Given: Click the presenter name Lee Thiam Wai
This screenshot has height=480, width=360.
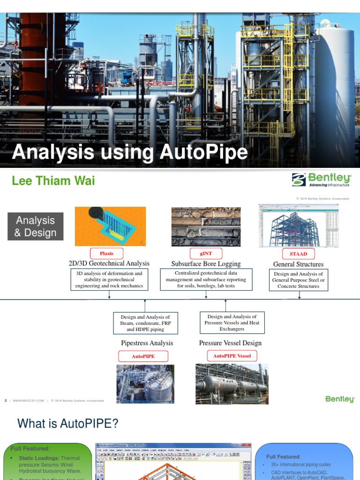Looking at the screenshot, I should click(53, 181).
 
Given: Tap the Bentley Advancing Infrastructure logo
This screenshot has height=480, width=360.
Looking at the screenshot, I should click(321, 180).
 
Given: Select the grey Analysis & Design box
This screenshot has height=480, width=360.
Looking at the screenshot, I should click(36, 226).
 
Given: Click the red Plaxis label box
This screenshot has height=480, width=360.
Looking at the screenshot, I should click(106, 254).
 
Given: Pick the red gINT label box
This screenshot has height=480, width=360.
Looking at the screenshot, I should click(206, 254).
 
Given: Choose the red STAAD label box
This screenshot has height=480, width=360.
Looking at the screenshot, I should click(298, 254).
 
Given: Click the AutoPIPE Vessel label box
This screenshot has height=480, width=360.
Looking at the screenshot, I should click(232, 356).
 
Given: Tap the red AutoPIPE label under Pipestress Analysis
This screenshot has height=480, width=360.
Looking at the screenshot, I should click(143, 356).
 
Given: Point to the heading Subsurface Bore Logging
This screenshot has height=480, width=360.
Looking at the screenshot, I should click(206, 264).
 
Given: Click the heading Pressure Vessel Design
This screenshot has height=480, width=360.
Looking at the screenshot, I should click(230, 343).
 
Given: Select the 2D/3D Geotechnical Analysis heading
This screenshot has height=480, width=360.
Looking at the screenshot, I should click(109, 263).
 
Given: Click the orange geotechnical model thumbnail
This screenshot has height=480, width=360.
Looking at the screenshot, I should click(110, 226).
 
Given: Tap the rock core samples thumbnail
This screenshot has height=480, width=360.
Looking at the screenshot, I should click(206, 227).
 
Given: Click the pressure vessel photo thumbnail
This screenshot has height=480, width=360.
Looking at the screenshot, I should click(232, 384).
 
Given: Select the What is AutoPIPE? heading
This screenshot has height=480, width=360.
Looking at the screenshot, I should click(67, 424).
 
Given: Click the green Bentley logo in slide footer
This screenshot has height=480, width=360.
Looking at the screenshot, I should click(340, 399).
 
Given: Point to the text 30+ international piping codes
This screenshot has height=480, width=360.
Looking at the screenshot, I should click(300, 465).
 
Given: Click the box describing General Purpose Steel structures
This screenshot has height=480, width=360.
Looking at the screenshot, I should click(298, 280).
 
